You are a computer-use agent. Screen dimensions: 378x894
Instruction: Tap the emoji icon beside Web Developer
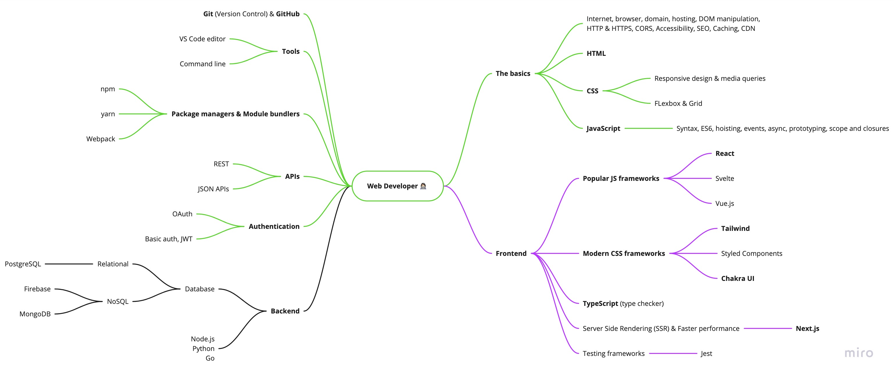click(423, 186)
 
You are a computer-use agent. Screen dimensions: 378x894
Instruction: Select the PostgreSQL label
click(23, 264)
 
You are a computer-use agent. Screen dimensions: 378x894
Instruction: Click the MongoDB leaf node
click(35, 314)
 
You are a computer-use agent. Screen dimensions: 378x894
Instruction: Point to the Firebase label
click(37, 289)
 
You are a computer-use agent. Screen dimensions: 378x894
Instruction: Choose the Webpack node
click(101, 139)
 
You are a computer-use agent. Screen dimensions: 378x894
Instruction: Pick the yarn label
click(108, 114)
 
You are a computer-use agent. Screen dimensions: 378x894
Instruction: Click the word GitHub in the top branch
click(288, 14)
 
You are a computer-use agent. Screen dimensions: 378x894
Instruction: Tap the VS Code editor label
click(202, 39)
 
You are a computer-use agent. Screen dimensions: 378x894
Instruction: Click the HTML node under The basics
click(596, 54)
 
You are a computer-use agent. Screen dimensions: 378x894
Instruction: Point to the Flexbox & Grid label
click(678, 104)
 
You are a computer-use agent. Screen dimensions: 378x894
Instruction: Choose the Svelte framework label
click(725, 179)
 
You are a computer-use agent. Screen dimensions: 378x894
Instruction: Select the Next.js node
click(807, 329)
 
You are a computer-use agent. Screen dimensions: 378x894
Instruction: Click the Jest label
click(706, 354)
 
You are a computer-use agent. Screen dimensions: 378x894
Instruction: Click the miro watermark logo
click(859, 353)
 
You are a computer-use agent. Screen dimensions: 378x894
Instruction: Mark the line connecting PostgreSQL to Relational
click(69, 264)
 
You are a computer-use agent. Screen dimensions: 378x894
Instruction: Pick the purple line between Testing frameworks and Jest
click(673, 354)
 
